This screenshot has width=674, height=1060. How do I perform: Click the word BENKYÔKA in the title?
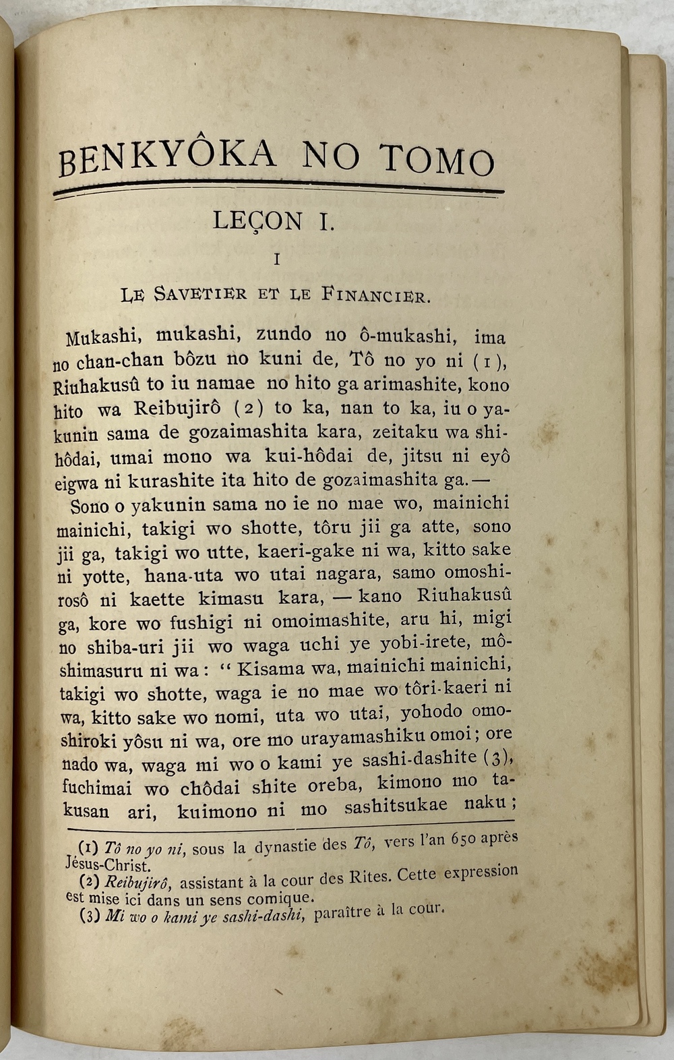coord(167,158)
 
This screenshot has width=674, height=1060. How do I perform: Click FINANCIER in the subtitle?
coord(374,295)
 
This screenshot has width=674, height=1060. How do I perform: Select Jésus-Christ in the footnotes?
coord(107,864)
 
